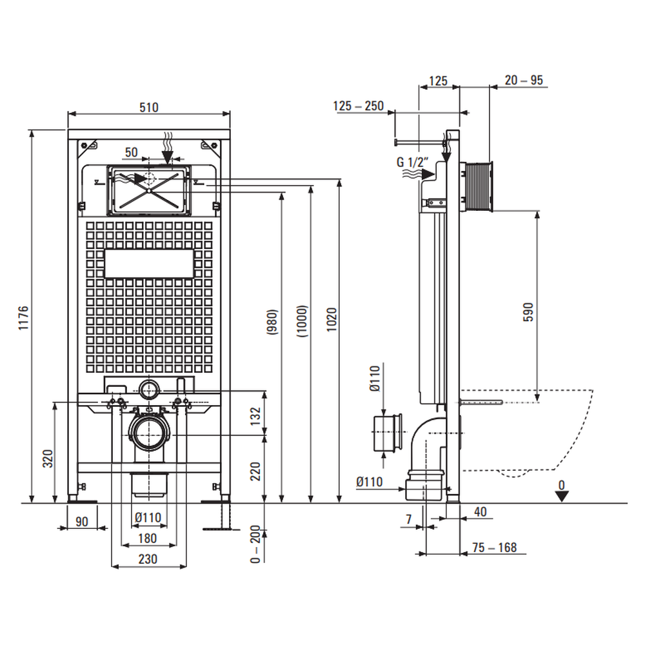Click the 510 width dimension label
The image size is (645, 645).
click(149, 108)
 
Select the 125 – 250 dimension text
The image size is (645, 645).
click(359, 106)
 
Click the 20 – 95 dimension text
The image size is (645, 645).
click(524, 81)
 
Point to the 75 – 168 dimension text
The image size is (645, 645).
click(495, 548)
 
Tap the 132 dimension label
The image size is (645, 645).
click(255, 416)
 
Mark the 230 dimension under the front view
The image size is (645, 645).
click(148, 559)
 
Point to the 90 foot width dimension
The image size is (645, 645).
click(81, 521)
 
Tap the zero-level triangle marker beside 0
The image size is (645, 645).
click(563, 496)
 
